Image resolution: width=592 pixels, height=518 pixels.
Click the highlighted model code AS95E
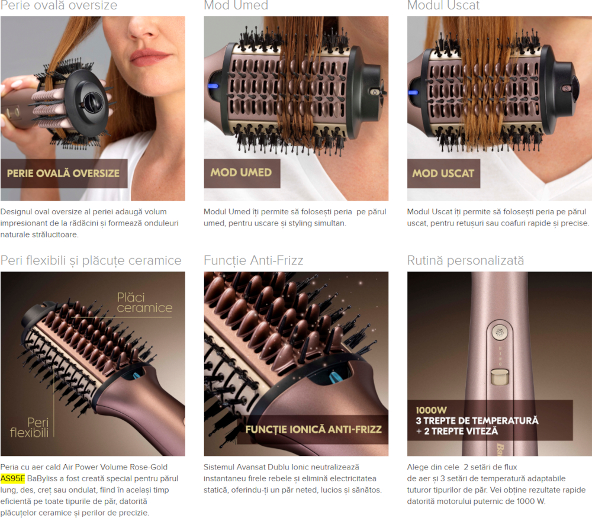(12, 478)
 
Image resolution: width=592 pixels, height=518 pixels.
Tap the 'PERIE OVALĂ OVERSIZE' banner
(63, 173)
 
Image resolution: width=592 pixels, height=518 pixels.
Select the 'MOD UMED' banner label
(242, 173)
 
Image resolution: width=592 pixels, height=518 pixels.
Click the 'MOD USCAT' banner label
(443, 173)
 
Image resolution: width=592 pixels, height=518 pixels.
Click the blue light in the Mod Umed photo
(213, 86)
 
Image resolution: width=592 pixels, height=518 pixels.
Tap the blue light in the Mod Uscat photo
(413, 92)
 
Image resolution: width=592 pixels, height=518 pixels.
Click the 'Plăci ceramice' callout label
(144, 303)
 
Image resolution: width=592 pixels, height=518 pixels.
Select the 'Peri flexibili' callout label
(30, 427)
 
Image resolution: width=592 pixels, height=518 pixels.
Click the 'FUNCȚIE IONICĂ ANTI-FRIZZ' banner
(313, 430)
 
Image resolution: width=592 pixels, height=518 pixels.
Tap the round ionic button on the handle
(500, 332)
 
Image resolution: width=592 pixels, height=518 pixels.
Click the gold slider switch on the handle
(500, 377)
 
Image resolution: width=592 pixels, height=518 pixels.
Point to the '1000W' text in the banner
(431, 410)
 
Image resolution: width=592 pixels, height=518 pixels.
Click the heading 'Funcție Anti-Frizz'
(253, 260)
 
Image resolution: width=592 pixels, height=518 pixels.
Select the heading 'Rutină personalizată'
(465, 260)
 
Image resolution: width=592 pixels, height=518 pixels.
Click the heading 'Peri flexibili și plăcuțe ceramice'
(91, 260)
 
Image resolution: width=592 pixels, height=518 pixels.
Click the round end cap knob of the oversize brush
(91, 102)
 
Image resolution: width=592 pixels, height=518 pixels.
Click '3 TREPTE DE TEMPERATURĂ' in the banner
(477, 420)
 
